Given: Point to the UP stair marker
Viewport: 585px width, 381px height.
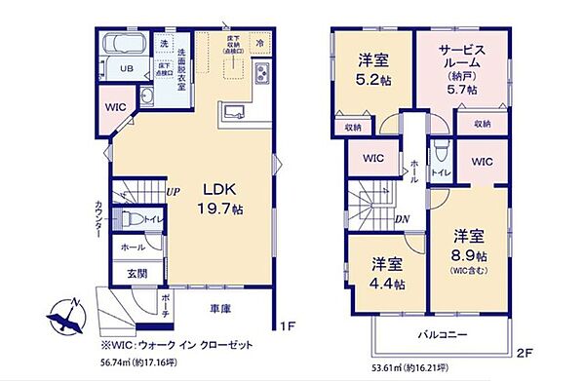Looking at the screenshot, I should click(172, 192).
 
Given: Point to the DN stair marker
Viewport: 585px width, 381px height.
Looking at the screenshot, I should click(402, 220).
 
